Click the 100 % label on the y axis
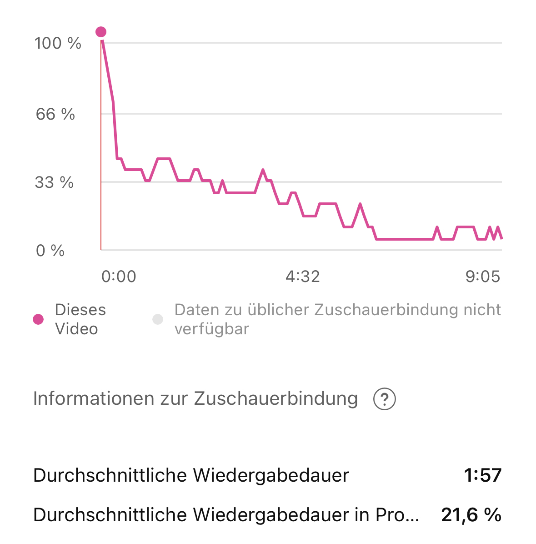[x=58, y=44]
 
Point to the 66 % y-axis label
[x=55, y=114]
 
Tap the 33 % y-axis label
[x=54, y=183]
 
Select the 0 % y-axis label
[x=50, y=251]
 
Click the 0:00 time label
[x=119, y=277]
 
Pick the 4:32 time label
[x=303, y=277]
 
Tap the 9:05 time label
[x=483, y=277]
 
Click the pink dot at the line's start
[x=101, y=32]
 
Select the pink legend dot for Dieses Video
[x=39, y=319]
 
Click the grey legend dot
[x=158, y=319]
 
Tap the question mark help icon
[x=385, y=400]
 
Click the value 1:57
[x=483, y=476]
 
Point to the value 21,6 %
[x=471, y=515]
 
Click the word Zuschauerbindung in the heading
[x=276, y=399]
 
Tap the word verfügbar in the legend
[x=212, y=329]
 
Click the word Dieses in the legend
[x=80, y=310]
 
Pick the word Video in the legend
[x=76, y=329]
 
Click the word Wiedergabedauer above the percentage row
[x=271, y=476]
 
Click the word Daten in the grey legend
[x=196, y=310]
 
